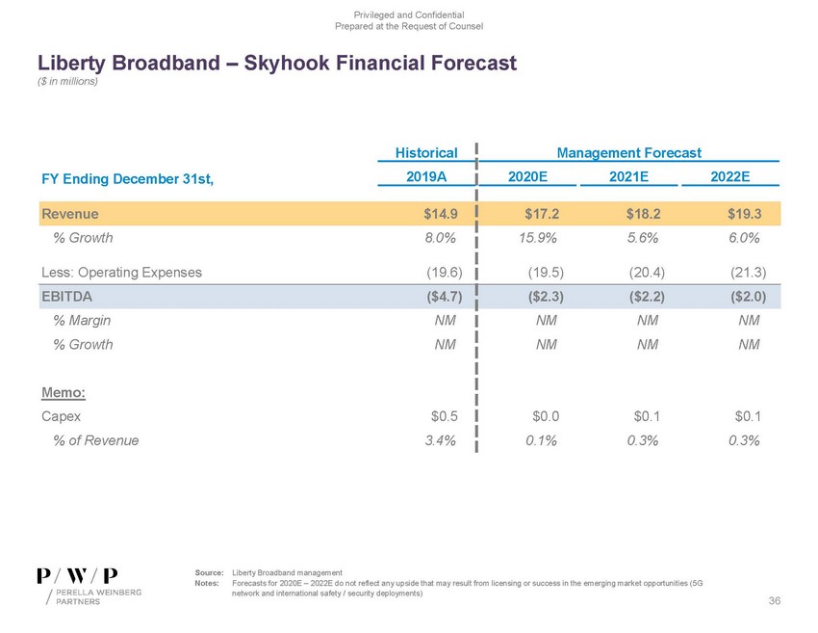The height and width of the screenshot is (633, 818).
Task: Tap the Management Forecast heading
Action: coord(629,152)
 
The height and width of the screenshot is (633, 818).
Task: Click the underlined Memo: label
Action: coord(60,392)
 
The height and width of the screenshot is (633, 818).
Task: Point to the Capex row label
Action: coord(61,416)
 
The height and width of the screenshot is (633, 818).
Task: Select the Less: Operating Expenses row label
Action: coord(121,272)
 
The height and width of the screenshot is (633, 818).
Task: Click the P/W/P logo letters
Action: coord(78,575)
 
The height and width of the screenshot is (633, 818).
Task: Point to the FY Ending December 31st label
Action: coord(126,178)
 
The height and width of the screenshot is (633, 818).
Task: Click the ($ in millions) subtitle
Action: coord(69,81)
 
